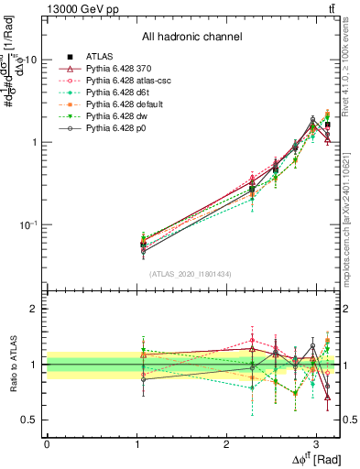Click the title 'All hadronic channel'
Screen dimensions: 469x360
191,38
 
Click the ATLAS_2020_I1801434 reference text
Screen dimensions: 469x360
191,274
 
